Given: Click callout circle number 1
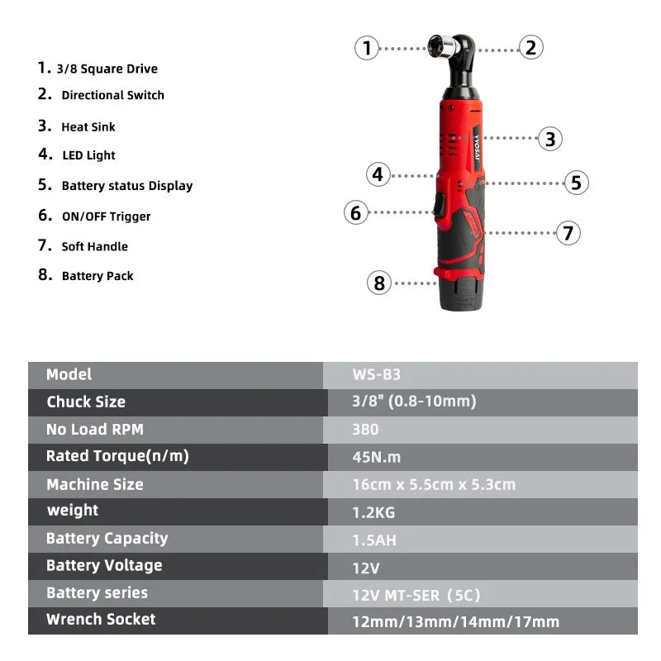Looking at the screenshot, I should click(x=367, y=48).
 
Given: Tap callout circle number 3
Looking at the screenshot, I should click(x=550, y=139).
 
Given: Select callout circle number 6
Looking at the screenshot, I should click(x=356, y=213).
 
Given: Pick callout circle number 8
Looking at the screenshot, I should click(x=379, y=283).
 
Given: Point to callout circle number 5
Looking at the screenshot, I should click(x=576, y=183).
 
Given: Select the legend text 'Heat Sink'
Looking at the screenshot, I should click(x=88, y=127).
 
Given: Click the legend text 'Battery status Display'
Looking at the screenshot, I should click(x=126, y=186).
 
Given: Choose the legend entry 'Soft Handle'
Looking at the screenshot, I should click(x=94, y=246).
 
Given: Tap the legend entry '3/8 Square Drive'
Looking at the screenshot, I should click(x=107, y=69).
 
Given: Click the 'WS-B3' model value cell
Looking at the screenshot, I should click(x=376, y=374).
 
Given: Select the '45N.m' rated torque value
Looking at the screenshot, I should click(x=377, y=457).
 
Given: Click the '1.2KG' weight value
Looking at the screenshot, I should click(x=373, y=512).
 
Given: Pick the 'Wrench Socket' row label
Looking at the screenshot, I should click(x=101, y=619).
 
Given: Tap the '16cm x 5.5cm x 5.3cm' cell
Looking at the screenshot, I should click(x=433, y=485).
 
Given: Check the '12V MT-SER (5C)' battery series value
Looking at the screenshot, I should click(x=416, y=594).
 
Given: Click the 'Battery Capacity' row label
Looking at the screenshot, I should click(x=107, y=539).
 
